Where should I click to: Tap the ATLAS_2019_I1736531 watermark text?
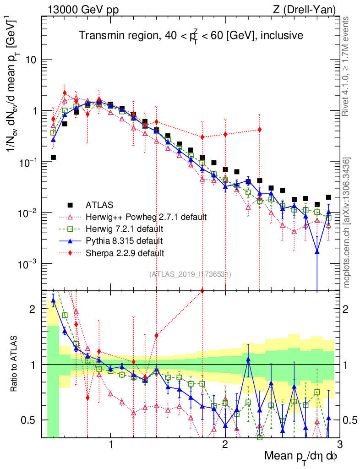coord(190,274)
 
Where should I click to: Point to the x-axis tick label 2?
coord(225,444)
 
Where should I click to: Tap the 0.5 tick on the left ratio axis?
coord(30,420)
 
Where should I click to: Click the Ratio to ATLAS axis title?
coord(15,364)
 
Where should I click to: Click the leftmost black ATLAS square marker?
coord(53,157)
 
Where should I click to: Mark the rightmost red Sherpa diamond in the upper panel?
coord(260,129)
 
